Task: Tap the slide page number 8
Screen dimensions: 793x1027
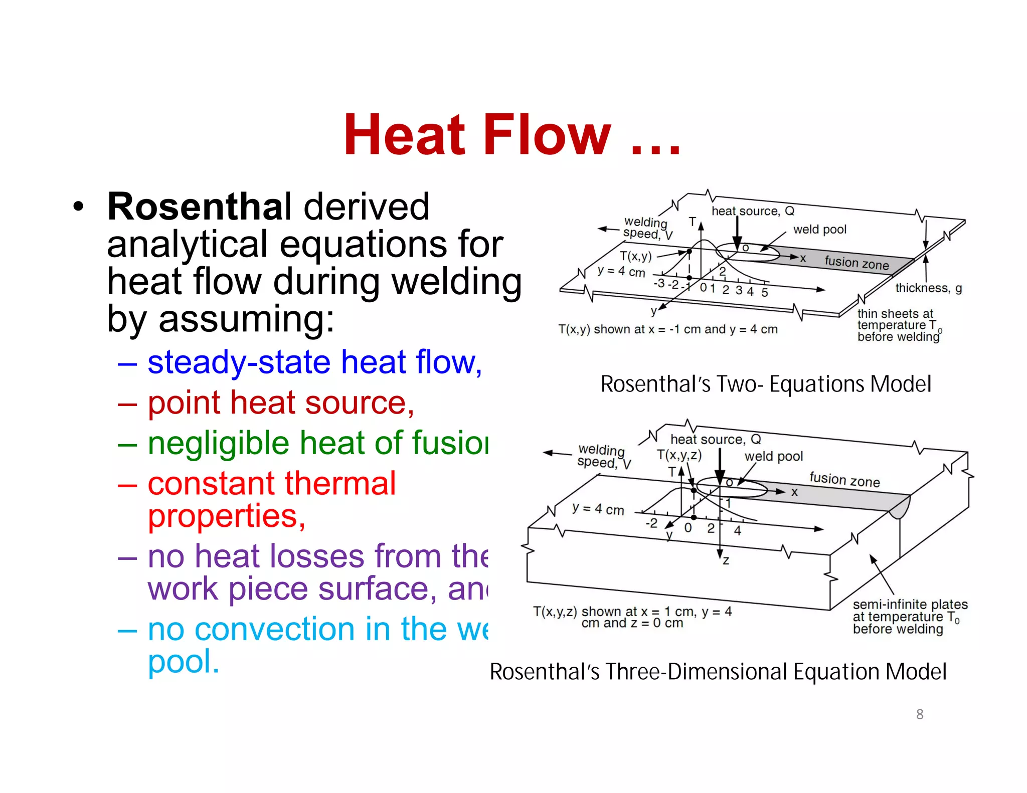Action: tap(920, 714)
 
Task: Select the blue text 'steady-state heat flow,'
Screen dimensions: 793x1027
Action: tap(314, 362)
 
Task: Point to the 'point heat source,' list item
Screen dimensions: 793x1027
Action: tap(281, 403)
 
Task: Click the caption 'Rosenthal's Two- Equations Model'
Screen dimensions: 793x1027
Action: tap(766, 384)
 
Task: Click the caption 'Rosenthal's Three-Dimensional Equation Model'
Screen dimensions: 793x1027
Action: tap(718, 672)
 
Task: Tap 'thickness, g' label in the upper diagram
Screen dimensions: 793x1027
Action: tap(928, 288)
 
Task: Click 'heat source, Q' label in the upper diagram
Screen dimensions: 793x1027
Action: tap(753, 211)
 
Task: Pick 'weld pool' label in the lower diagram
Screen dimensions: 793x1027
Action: tap(773, 456)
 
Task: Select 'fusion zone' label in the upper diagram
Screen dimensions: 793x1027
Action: tap(857, 262)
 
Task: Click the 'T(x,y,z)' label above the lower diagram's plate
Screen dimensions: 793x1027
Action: tap(679, 455)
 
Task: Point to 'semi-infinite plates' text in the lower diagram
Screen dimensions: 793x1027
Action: tap(910, 604)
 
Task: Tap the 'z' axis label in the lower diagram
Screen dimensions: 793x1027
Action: tap(726, 560)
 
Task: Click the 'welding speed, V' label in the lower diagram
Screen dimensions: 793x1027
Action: tap(603, 456)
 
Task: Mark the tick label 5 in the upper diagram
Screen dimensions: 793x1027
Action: tap(764, 292)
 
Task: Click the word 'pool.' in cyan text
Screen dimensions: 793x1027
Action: tap(184, 662)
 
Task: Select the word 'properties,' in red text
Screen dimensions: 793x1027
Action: tap(227, 516)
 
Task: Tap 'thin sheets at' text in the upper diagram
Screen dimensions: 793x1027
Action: tap(895, 314)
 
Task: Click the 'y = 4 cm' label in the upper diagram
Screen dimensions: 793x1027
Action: tap(621, 272)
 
